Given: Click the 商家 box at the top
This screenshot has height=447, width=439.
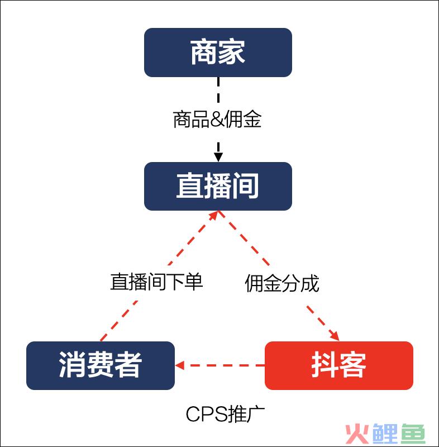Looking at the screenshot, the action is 218,53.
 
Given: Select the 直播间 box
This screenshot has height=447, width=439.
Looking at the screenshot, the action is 218,186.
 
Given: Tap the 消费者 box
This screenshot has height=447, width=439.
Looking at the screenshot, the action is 101,365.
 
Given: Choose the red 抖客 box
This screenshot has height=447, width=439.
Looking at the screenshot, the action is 339,365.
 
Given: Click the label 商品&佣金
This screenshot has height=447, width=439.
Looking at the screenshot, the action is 217,119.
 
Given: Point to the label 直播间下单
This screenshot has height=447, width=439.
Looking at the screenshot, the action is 156,282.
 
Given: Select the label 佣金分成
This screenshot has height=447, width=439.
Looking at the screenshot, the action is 282,283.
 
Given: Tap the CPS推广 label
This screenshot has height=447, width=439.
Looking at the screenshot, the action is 225,414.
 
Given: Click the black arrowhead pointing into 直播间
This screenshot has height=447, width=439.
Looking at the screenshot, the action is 218,157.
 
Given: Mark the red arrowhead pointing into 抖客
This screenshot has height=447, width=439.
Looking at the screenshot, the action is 335,336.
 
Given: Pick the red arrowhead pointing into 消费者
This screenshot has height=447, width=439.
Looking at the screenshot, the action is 179,365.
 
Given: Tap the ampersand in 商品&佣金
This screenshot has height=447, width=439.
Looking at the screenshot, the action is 217,120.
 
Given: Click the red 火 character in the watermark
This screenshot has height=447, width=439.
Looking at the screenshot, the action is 357,434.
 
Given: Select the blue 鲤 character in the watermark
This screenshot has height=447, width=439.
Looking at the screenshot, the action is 385,434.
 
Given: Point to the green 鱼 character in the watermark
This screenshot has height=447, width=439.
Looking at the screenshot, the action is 413,434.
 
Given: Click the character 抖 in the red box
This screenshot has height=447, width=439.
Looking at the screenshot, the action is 325,365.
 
